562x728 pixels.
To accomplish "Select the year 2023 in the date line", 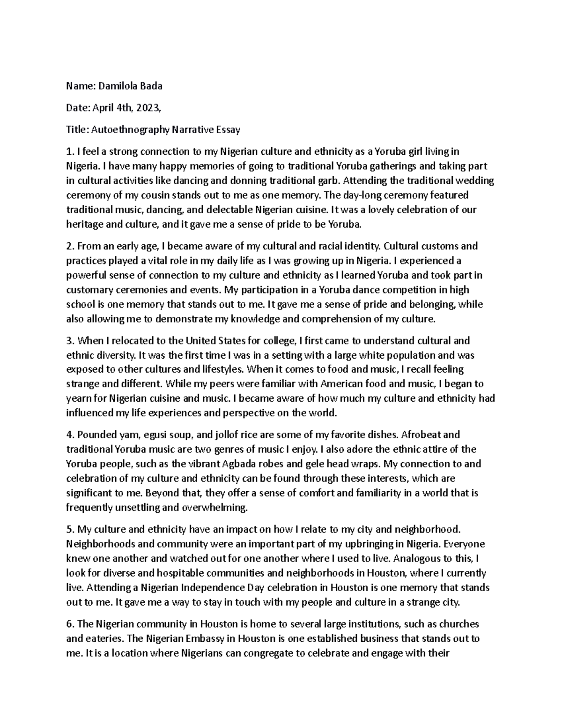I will coord(148,108).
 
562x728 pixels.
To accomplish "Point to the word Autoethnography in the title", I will coord(130,130).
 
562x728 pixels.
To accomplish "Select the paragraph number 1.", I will coord(70,152).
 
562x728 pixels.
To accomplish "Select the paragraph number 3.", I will coord(70,341).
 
